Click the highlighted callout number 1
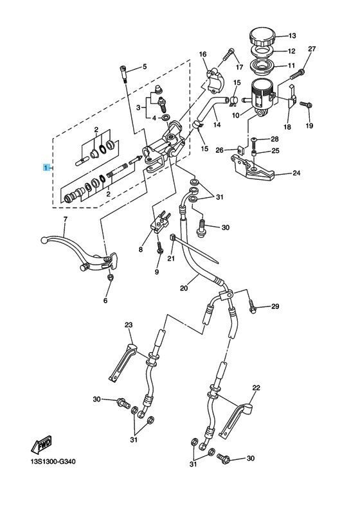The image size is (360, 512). (x=46, y=168)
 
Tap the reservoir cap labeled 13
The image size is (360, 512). (x=262, y=37)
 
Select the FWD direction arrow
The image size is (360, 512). (x=41, y=444)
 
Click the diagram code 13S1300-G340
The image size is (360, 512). (x=53, y=462)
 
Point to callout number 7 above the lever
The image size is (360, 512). (x=65, y=219)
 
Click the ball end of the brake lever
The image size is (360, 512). (x=44, y=241)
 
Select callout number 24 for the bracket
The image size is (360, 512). (x=296, y=173)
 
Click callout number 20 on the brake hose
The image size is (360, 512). (x=184, y=288)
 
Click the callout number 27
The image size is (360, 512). (x=312, y=49)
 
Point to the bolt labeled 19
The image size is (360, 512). (x=305, y=105)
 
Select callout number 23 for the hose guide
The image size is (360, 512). (x=129, y=325)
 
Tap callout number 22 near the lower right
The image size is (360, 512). (x=256, y=387)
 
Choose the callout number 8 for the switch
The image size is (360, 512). (x=141, y=249)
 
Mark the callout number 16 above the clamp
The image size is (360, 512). (x=203, y=54)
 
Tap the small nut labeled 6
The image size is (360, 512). (x=111, y=278)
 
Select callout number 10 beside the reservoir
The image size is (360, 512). (x=236, y=115)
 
